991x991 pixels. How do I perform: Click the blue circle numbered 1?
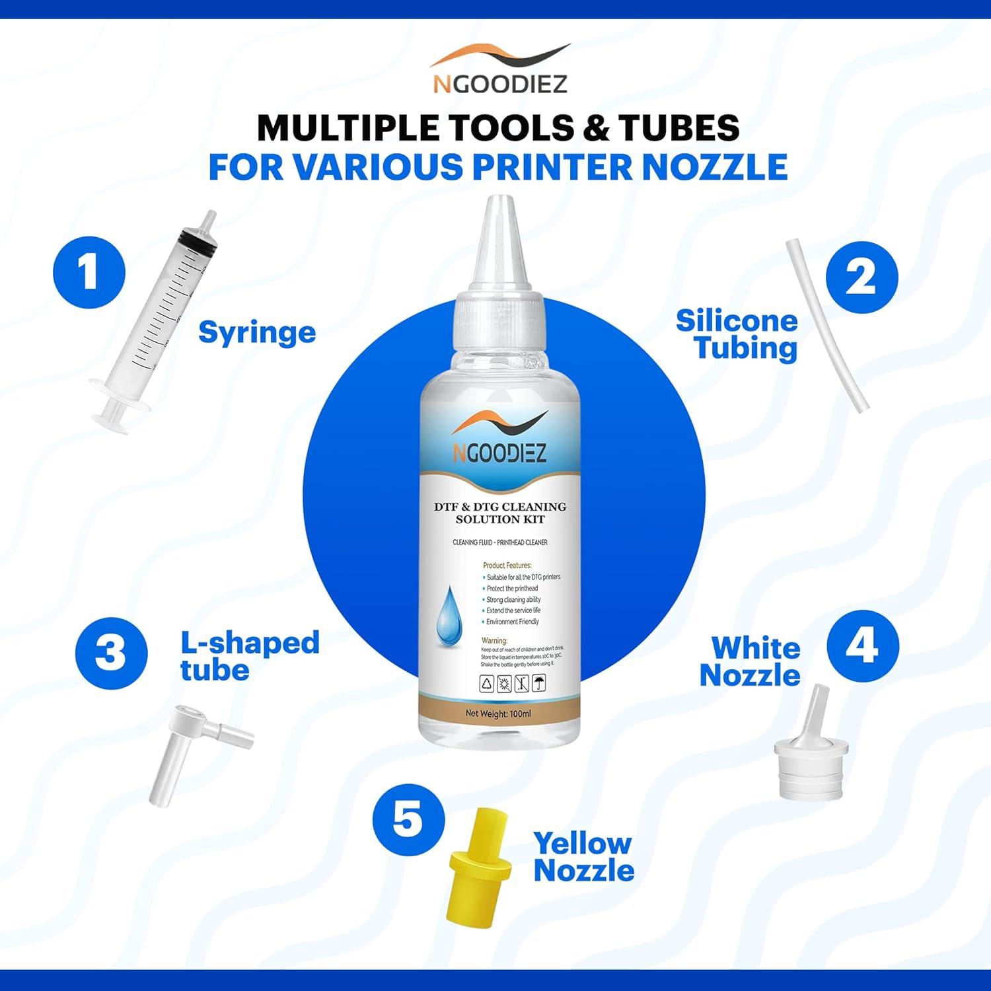(x=89, y=273)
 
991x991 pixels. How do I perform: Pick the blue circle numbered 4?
(x=863, y=645)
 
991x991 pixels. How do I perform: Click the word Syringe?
(x=257, y=332)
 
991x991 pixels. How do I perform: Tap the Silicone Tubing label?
(x=737, y=334)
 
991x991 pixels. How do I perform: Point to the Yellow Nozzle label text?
(x=583, y=857)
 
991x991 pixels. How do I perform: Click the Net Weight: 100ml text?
(x=498, y=714)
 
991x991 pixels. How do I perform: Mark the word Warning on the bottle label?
(x=495, y=640)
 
